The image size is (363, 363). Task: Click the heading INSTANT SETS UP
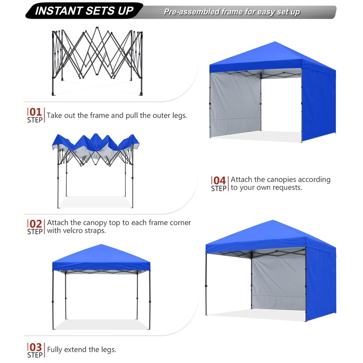(x=84, y=11)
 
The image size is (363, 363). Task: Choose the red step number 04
(x=220, y=180)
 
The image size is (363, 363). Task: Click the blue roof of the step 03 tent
(x=101, y=259)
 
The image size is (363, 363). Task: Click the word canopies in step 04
(x=284, y=180)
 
